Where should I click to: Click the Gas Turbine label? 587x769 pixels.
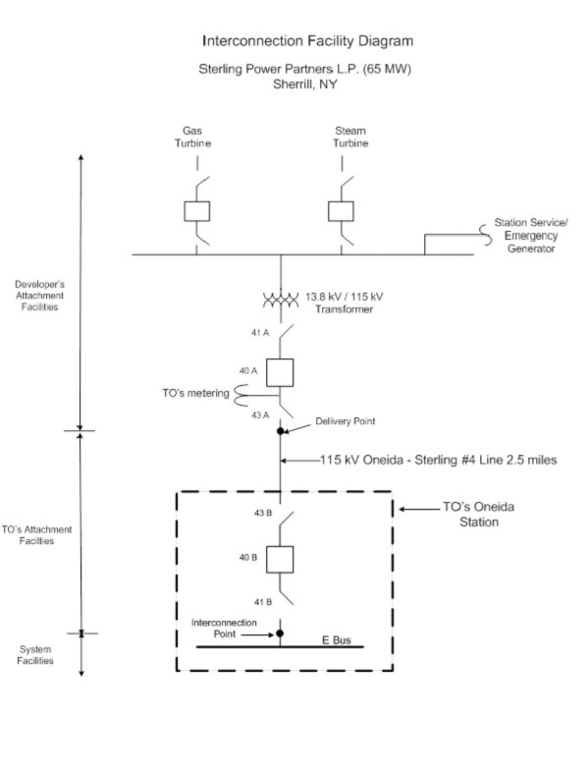click(x=192, y=137)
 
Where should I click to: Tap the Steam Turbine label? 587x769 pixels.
click(x=350, y=137)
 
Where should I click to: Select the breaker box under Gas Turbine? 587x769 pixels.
click(x=197, y=211)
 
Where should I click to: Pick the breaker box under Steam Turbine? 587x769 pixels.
click(x=341, y=211)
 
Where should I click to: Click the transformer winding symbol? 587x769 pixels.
click(x=281, y=300)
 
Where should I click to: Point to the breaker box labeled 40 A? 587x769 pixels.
click(x=280, y=373)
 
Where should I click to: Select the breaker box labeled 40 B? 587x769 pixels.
click(x=280, y=560)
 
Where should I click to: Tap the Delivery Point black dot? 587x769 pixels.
click(x=281, y=431)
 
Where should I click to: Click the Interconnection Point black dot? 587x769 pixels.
click(x=280, y=633)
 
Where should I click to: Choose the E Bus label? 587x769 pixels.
click(x=336, y=640)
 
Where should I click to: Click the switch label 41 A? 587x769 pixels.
click(x=260, y=333)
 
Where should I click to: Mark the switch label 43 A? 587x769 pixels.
click(x=260, y=414)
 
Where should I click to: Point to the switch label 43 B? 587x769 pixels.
click(x=263, y=513)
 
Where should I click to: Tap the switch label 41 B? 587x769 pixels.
click(x=263, y=602)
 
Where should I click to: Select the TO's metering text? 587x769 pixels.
click(x=195, y=393)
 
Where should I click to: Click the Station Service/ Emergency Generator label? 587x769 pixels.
click(x=531, y=236)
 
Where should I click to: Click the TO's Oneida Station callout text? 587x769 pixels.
click(x=479, y=514)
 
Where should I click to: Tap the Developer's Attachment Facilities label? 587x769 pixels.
click(x=39, y=296)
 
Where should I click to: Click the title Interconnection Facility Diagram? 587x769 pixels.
click(x=307, y=40)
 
